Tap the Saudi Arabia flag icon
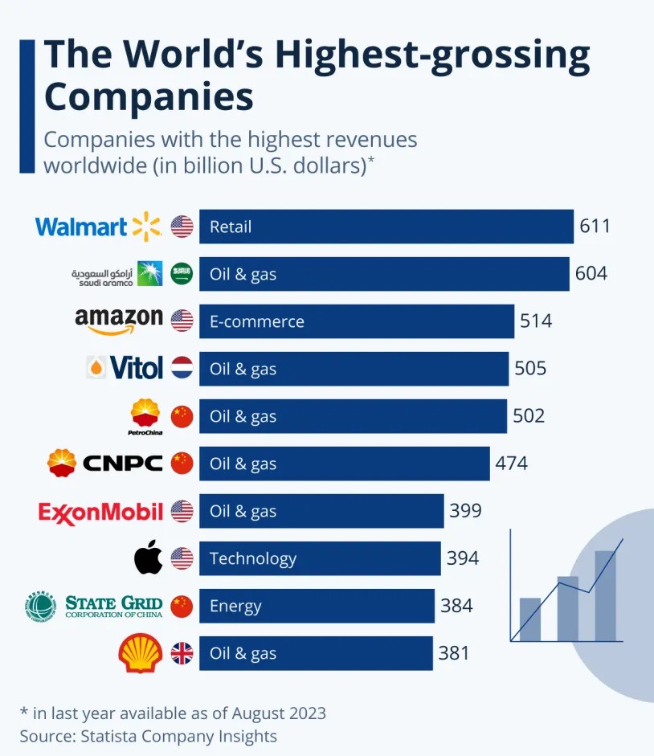[182, 274]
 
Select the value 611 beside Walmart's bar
[595, 226]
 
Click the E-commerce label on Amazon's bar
[256, 321]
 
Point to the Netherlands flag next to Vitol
[182, 369]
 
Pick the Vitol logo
[125, 369]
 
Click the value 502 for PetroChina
[529, 415]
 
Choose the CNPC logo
[105, 463]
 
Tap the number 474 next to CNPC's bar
[512, 463]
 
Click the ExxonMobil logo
[100, 511]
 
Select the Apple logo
[149, 558]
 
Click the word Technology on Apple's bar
[253, 558]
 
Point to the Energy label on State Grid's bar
[235, 606]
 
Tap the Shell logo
[141, 653]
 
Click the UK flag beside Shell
[182, 653]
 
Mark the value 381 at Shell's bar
[454, 653]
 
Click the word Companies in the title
[149, 96]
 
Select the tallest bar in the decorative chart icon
[605, 595]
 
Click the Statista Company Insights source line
[149, 736]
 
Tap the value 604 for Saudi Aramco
[591, 273]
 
